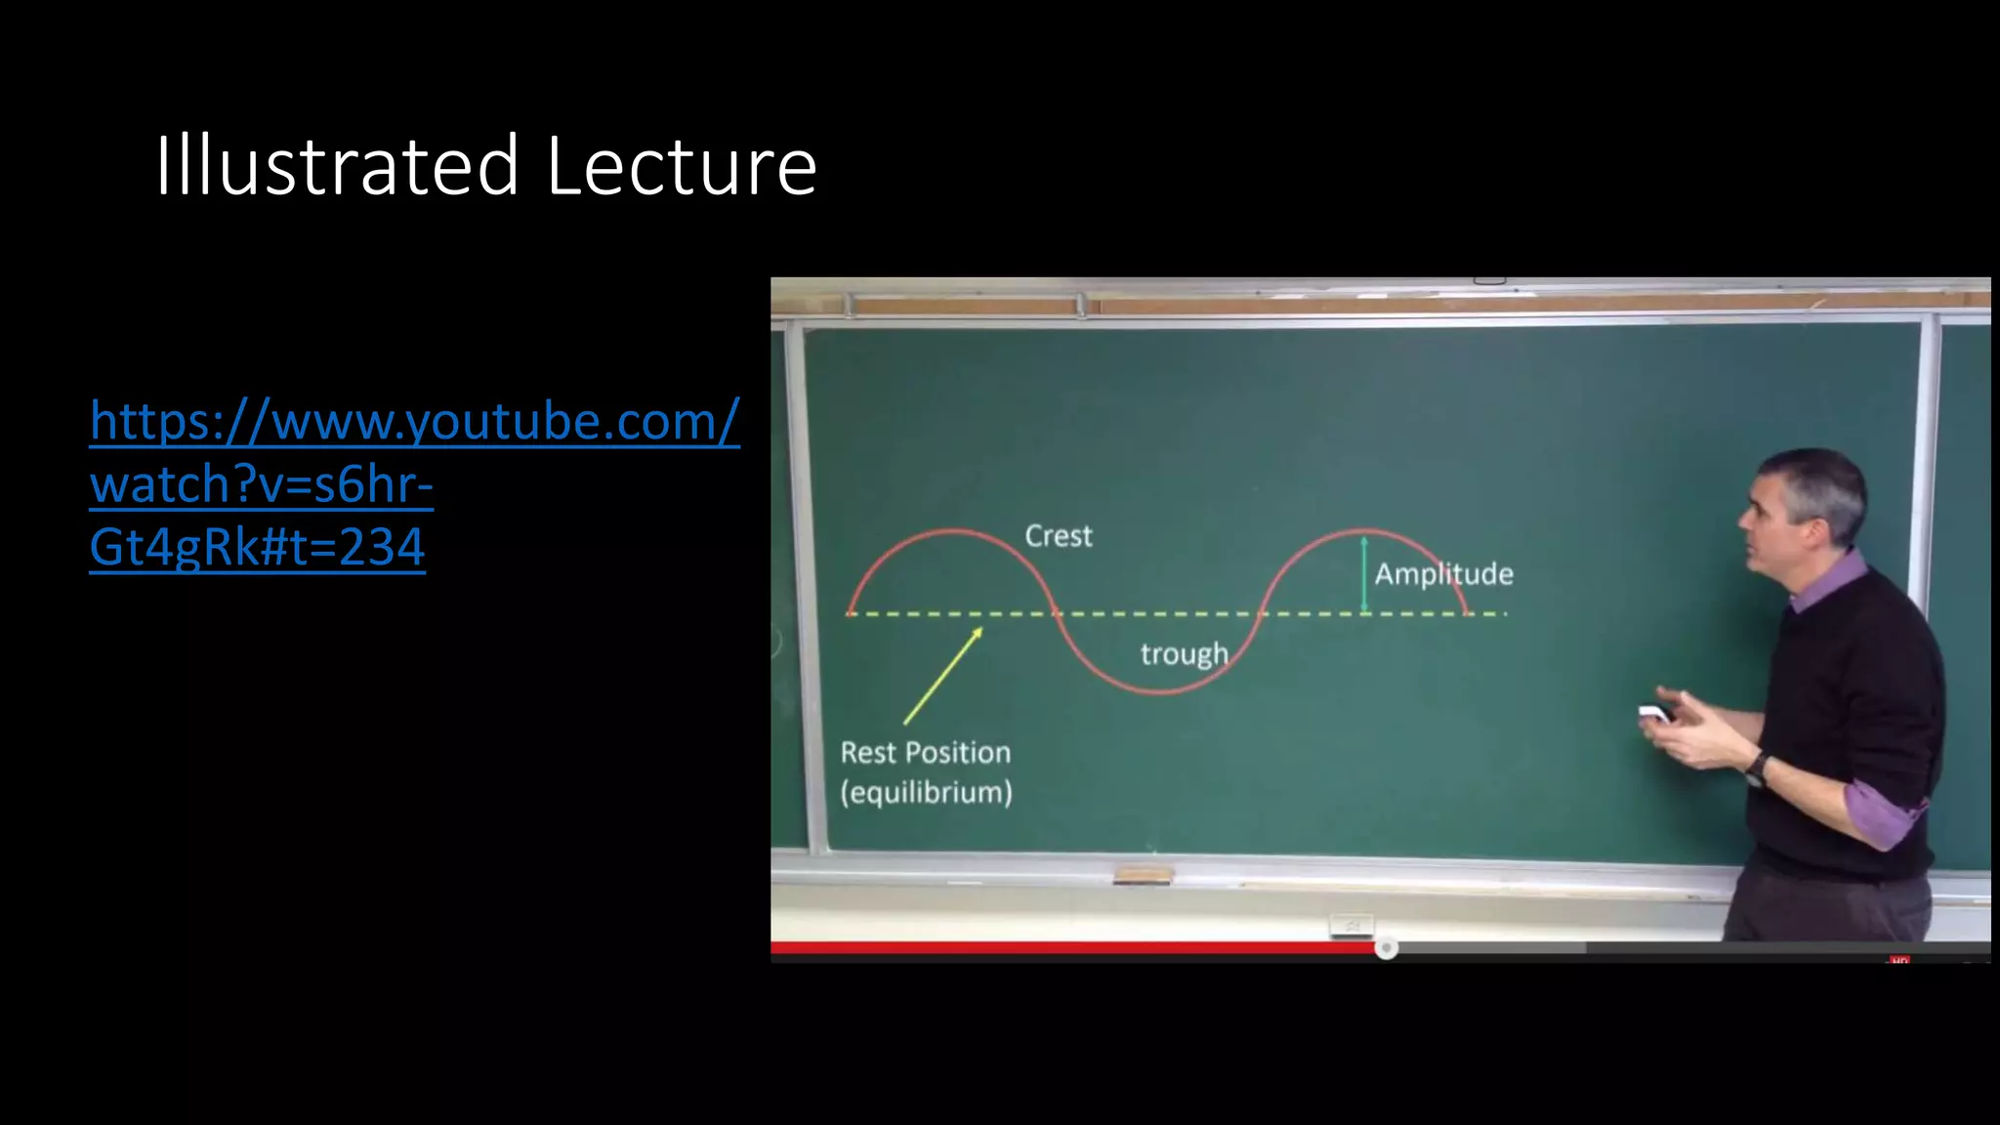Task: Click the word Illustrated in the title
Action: (336, 166)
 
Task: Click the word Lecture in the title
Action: (681, 166)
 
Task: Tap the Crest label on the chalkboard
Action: (1059, 536)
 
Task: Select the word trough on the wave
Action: (1184, 653)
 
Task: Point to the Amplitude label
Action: (1443, 573)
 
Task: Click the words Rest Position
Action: (925, 753)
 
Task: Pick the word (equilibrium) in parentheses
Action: (926, 792)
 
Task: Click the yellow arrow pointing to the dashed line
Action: (942, 676)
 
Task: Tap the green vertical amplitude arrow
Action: (1364, 573)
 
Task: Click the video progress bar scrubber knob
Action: (1386, 948)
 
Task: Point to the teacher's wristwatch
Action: (1757, 769)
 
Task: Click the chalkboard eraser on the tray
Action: (1143, 875)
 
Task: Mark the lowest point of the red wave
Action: (1160, 692)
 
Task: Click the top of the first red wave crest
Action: (951, 531)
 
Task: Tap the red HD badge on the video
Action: (1898, 961)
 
